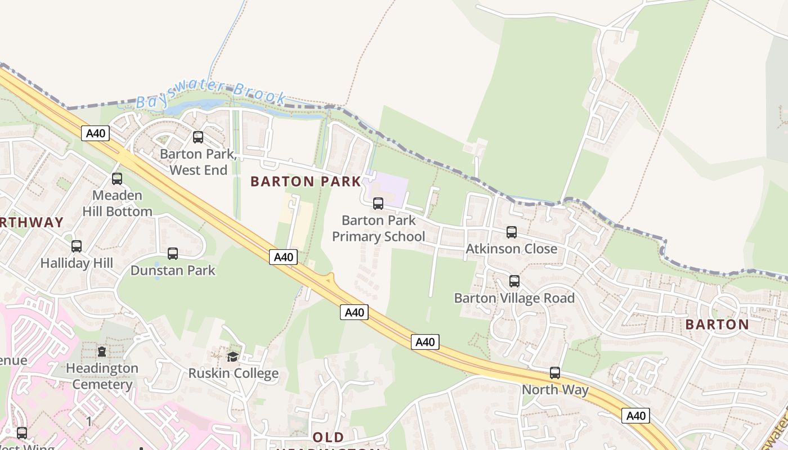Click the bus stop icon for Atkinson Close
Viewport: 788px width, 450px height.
click(x=511, y=232)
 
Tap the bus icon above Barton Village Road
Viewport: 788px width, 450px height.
click(x=514, y=281)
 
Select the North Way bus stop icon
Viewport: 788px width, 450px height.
click(x=554, y=372)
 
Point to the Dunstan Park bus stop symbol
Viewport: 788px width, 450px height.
click(x=172, y=254)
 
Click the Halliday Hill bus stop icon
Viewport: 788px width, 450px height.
click(x=76, y=246)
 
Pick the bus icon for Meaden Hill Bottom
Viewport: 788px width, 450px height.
click(x=117, y=179)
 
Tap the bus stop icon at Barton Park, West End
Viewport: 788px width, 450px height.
click(x=198, y=137)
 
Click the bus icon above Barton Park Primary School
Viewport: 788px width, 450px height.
click(x=378, y=204)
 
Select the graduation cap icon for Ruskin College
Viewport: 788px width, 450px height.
click(x=232, y=357)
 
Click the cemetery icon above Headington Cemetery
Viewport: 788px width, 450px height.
click(x=101, y=352)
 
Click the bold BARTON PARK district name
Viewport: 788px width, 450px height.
click(x=306, y=181)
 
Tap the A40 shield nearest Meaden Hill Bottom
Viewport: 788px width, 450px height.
click(x=95, y=133)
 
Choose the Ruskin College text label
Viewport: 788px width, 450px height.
click(x=233, y=373)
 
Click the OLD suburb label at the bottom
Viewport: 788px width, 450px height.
click(x=328, y=437)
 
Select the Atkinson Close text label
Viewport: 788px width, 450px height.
click(x=511, y=249)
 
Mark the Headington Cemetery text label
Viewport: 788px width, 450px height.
click(x=102, y=376)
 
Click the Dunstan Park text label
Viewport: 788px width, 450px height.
click(x=173, y=271)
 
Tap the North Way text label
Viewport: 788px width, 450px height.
click(x=555, y=389)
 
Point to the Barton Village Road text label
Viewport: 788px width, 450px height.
click(x=514, y=298)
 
